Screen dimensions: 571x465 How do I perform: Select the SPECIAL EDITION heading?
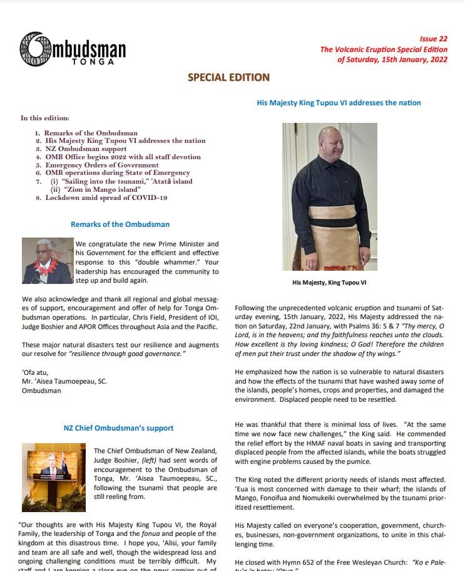tap(228, 78)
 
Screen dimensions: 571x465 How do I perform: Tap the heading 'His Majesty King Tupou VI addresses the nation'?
tap(339, 103)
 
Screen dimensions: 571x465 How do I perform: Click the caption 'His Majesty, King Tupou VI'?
tap(329, 283)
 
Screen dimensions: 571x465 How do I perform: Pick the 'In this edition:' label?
tap(45, 118)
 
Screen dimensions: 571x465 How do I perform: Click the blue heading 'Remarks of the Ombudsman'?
tap(120, 224)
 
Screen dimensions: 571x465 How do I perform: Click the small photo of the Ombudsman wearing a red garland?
tap(46, 261)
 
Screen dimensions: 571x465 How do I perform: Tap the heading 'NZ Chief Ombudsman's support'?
tap(119, 428)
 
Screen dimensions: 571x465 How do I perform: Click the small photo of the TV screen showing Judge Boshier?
tap(54, 469)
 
